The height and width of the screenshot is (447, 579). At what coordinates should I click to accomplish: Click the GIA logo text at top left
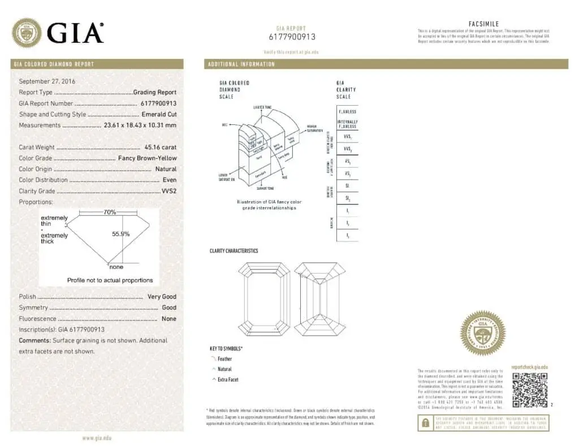pyautogui.click(x=75, y=33)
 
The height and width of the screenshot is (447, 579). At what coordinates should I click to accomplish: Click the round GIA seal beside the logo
pyautogui.click(x=27, y=33)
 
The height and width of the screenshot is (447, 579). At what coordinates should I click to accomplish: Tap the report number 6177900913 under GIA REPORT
pyautogui.click(x=292, y=37)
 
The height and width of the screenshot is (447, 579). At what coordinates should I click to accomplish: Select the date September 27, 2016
pyautogui.click(x=47, y=81)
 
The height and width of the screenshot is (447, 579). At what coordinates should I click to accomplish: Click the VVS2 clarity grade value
pyautogui.click(x=169, y=191)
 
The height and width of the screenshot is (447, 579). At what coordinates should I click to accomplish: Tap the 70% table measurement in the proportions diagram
pyautogui.click(x=110, y=212)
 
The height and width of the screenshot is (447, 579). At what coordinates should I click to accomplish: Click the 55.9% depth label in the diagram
pyautogui.click(x=120, y=233)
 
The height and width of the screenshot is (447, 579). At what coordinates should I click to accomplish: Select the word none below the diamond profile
pyautogui.click(x=116, y=267)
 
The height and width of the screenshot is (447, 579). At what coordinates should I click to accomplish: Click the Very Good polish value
pyautogui.click(x=162, y=297)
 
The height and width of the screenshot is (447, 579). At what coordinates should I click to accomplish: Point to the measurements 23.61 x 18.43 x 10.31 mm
pyautogui.click(x=140, y=125)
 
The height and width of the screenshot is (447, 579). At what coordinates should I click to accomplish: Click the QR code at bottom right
pyautogui.click(x=530, y=390)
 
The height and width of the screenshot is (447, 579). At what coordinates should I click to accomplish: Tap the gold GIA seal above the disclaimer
pyautogui.click(x=482, y=333)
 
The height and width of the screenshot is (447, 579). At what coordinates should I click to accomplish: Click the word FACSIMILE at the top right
pyautogui.click(x=484, y=24)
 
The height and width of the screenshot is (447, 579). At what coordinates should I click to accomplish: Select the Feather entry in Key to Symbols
pyautogui.click(x=224, y=359)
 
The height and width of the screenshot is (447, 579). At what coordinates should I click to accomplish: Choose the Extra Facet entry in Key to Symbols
pyautogui.click(x=228, y=380)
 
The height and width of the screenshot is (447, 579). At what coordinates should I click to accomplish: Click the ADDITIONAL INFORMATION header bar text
pyautogui.click(x=241, y=64)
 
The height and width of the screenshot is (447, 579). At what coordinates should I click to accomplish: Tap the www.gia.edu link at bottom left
pyautogui.click(x=97, y=438)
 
